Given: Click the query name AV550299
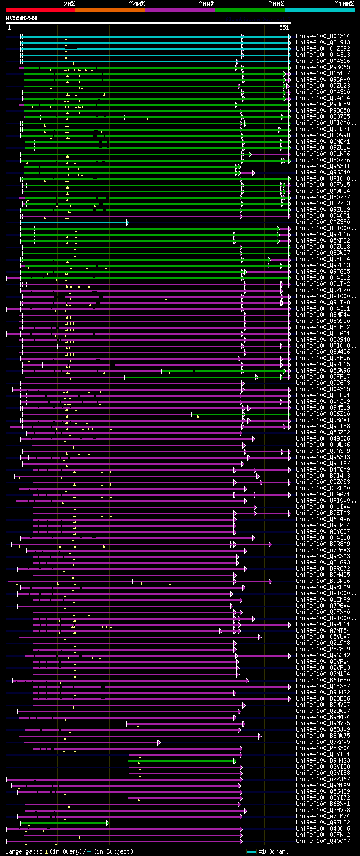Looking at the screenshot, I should tap(21, 18).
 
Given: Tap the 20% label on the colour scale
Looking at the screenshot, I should tap(69, 4).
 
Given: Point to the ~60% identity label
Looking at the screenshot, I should tap(206, 4).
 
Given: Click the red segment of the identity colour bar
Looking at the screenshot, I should tap(40, 10).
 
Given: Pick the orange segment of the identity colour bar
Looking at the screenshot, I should tap(110, 10).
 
